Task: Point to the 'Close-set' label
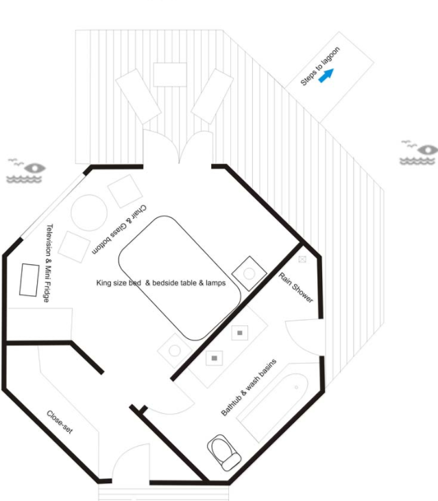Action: pos(60,422)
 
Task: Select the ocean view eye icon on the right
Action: pos(418,152)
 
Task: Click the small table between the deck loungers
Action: pos(170,74)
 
